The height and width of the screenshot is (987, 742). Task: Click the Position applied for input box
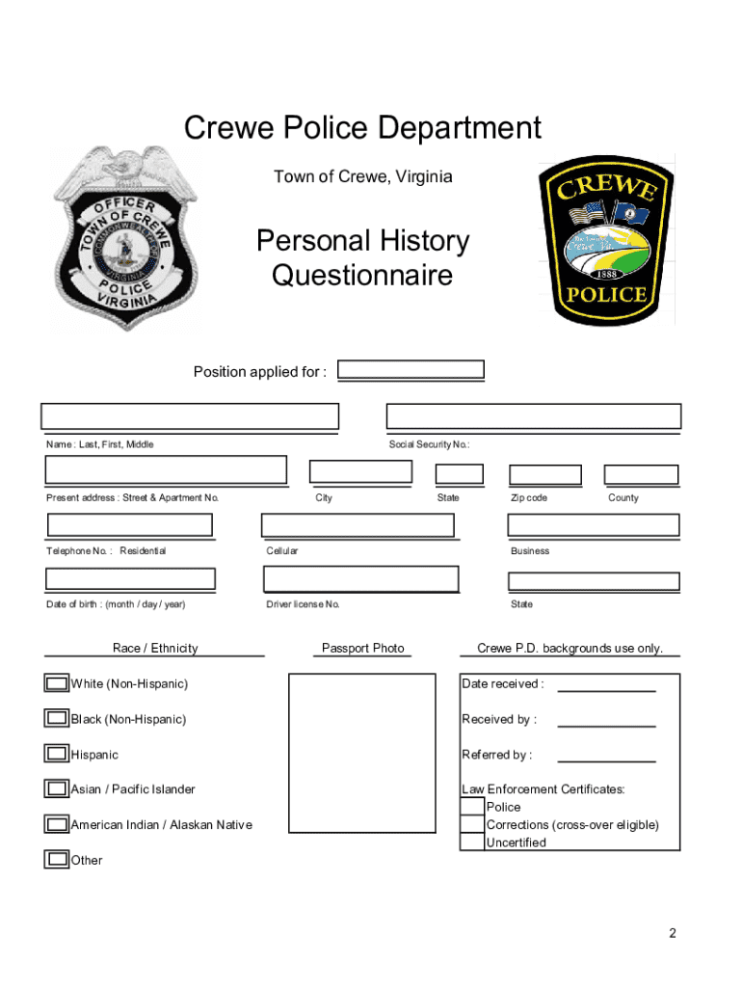(x=411, y=370)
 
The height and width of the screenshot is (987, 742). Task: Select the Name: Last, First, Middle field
(x=190, y=415)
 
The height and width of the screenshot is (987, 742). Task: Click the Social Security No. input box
(x=533, y=415)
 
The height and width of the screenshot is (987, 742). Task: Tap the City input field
(x=360, y=471)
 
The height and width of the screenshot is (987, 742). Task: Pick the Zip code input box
(x=544, y=474)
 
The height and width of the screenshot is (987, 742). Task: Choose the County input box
(x=641, y=474)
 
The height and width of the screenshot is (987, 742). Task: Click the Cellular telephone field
(x=358, y=524)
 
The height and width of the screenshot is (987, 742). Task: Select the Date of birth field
(x=131, y=578)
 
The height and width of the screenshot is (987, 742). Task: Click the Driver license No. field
(x=361, y=578)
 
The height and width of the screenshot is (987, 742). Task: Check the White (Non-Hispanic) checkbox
(x=57, y=683)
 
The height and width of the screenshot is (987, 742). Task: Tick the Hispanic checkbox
(x=57, y=754)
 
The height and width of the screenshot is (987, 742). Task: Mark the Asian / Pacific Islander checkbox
(x=57, y=789)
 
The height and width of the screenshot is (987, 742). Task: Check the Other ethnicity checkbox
(x=57, y=859)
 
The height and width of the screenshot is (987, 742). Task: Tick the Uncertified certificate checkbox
(x=472, y=841)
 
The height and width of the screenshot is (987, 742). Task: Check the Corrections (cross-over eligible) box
(x=472, y=824)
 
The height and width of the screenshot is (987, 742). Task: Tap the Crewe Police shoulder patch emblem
(x=605, y=241)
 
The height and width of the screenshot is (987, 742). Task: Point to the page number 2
(x=673, y=933)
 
